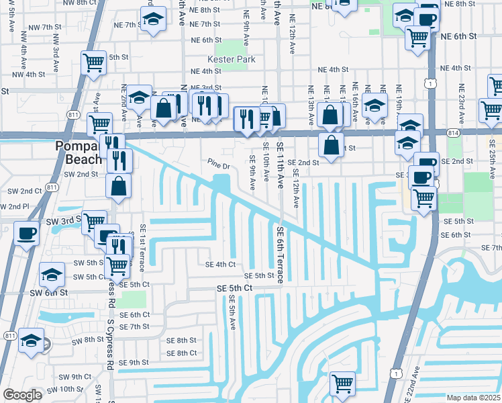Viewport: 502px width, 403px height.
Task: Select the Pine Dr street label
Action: [219, 164]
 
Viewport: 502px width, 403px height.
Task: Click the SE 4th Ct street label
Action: [220, 264]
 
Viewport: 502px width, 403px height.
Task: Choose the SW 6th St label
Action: [49, 292]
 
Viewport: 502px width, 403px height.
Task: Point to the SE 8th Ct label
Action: [181, 353]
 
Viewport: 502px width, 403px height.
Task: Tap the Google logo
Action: [22, 395]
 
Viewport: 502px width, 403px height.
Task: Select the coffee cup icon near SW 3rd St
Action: [26, 234]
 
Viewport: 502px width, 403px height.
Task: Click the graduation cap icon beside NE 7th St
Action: [154, 21]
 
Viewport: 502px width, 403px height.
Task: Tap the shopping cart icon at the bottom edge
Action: [343, 384]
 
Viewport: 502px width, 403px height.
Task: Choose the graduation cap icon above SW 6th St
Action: [52, 274]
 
